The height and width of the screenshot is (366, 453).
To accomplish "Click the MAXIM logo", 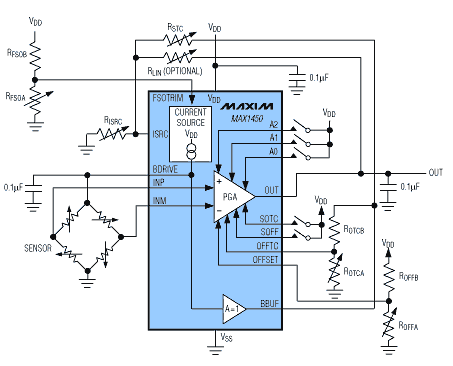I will click(248, 104).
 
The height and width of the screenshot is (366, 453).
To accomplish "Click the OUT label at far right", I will click(435, 172).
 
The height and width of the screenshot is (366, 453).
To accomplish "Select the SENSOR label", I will click(38, 247).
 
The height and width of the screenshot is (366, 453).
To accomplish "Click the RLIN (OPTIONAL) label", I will click(174, 72).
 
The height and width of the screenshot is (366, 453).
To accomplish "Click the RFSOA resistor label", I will click(17, 98).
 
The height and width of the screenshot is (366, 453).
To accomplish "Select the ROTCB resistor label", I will click(353, 233).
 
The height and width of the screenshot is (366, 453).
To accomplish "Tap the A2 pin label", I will click(273, 123).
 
